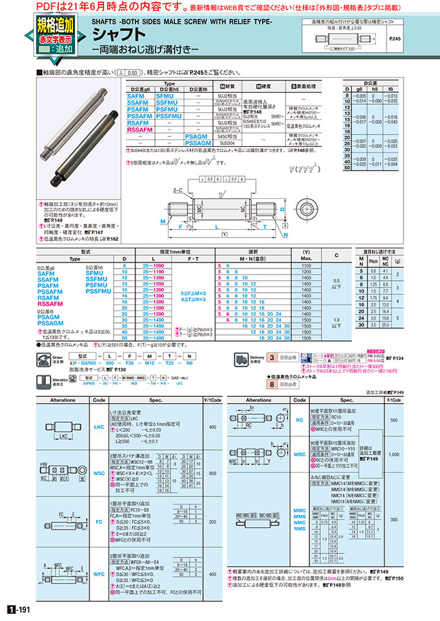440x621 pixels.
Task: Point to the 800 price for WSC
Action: pos(213,474)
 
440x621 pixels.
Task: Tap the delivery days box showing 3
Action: pos(271,358)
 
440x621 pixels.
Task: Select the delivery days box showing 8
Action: pos(271,384)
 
